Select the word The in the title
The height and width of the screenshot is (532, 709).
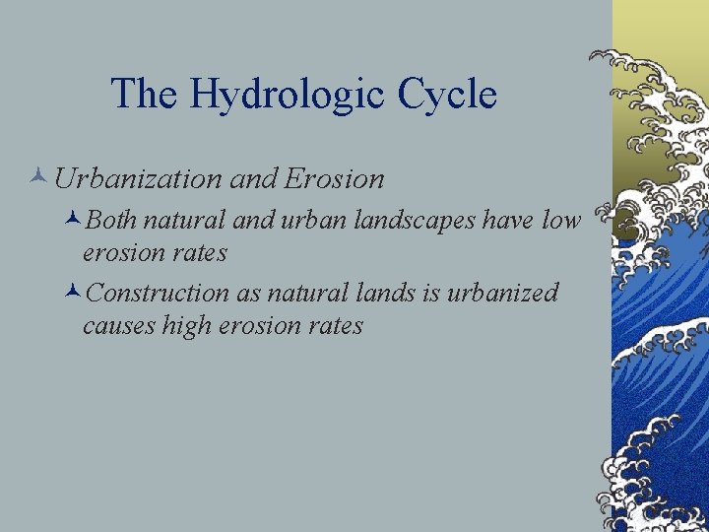[145, 95]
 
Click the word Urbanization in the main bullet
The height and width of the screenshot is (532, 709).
[138, 178]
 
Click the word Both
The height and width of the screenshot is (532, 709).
[111, 222]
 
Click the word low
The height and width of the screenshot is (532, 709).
[561, 222]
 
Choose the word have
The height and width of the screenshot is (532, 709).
[509, 222]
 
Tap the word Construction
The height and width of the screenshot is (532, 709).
[157, 294]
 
